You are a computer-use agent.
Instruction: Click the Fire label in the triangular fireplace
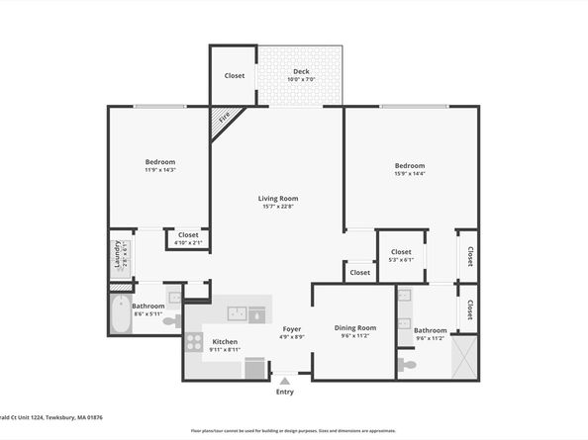point(224,118)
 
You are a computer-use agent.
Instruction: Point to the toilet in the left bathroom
point(169,321)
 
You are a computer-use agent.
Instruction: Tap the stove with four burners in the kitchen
point(194,343)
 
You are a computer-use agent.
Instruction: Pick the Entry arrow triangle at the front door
point(285,379)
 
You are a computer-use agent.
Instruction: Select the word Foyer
point(292,328)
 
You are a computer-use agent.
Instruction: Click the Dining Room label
point(354,327)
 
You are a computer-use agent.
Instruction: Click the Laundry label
point(117,253)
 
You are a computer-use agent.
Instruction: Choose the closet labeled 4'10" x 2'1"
point(187,237)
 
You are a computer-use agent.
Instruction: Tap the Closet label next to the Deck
point(235,75)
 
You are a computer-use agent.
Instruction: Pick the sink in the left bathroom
point(173,295)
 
